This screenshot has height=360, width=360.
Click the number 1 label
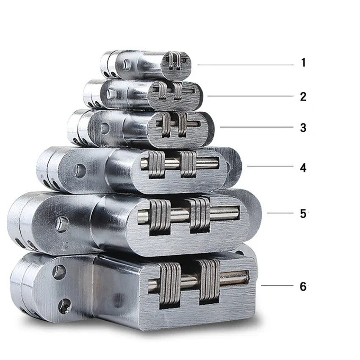tap(304, 62)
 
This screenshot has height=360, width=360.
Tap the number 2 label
tap(303, 97)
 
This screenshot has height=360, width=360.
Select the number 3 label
tap(303, 127)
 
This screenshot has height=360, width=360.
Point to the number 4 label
tap(303, 168)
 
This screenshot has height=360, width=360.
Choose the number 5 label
tap(303, 214)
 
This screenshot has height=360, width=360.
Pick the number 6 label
tap(303, 287)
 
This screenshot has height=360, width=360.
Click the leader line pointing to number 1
tap(245, 65)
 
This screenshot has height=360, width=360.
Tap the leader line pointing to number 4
tap(270, 166)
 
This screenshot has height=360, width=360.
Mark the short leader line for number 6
tap(277, 285)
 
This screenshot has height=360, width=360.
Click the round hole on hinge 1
tap(126, 64)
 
